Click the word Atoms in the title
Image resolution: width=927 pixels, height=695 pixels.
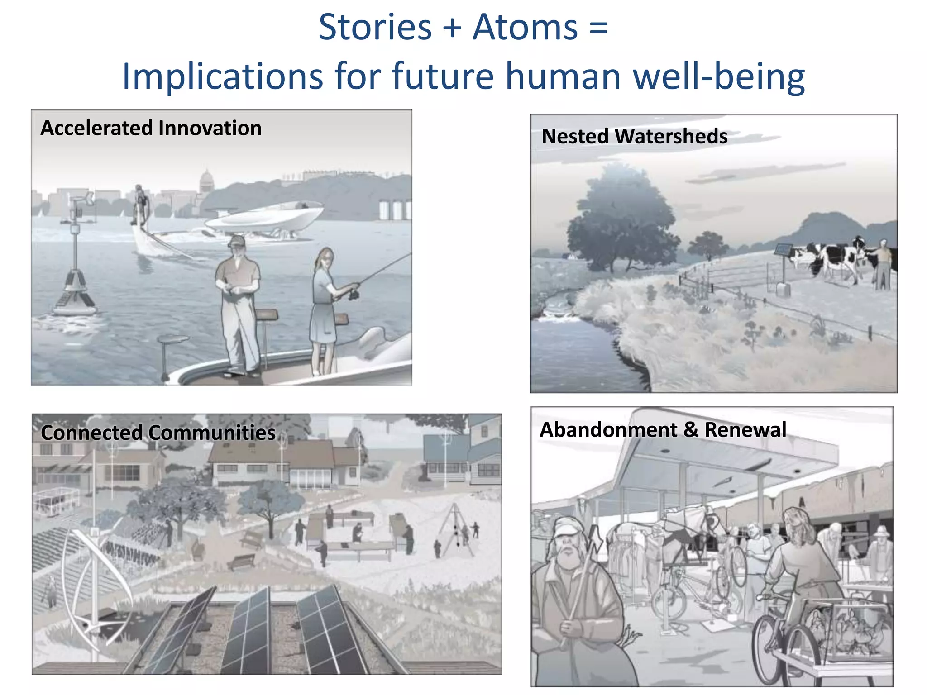tap(525, 27)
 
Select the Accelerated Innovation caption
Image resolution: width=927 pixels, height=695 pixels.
tap(151, 128)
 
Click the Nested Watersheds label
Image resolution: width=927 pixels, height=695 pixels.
tap(635, 136)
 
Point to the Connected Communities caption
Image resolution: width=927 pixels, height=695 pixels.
tap(158, 433)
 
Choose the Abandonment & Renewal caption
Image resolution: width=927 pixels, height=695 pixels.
tap(663, 429)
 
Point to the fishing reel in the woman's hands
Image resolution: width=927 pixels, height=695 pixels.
tap(354, 295)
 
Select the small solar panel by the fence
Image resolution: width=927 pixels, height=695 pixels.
tap(783, 250)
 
